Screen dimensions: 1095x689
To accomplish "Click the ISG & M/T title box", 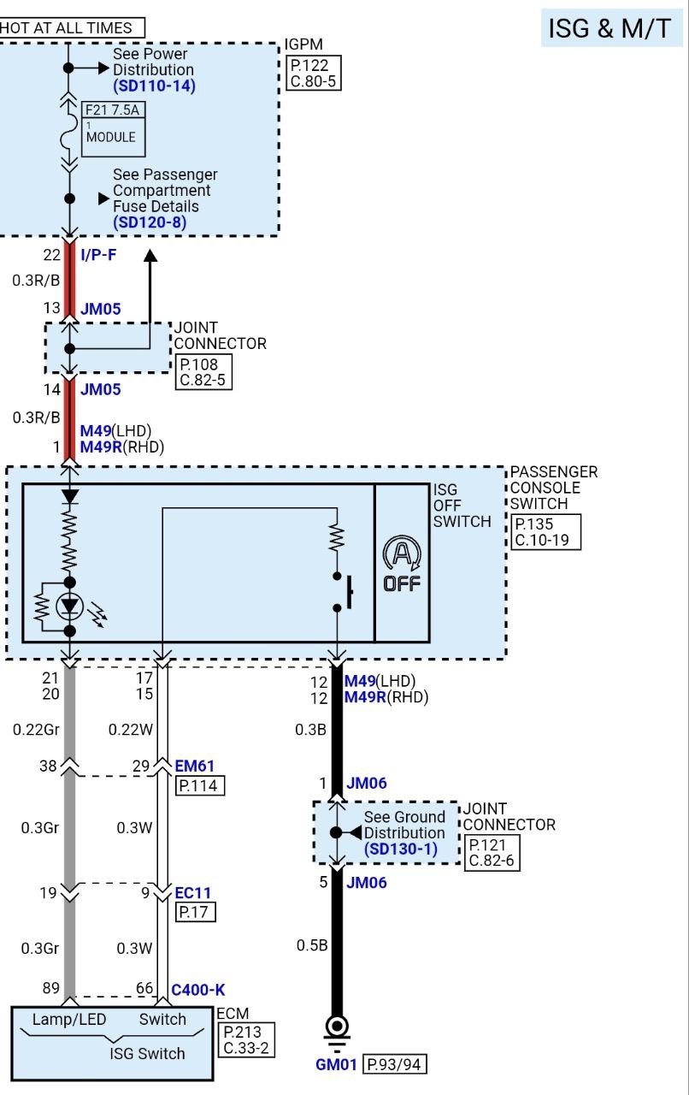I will (610, 28).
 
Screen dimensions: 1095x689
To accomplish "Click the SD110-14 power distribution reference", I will (154, 86).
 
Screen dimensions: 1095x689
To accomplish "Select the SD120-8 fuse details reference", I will (150, 222).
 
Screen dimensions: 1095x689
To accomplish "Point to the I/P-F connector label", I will (98, 254).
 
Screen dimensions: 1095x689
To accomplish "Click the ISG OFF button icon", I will (401, 565).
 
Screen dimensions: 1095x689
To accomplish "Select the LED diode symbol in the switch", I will (69, 607).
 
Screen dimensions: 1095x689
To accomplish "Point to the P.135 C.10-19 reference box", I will (545, 531).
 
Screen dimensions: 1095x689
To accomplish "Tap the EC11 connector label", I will (193, 893).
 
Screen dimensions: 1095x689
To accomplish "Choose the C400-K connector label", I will (198, 990).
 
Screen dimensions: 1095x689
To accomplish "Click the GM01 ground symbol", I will (338, 1027).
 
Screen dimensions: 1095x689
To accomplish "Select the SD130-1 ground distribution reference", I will (400, 849).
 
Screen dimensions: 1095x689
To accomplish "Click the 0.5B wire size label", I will (309, 945).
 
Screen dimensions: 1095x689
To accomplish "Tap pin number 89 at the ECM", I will (50, 989).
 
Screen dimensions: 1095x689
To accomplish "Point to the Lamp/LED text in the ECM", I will (68, 1019).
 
